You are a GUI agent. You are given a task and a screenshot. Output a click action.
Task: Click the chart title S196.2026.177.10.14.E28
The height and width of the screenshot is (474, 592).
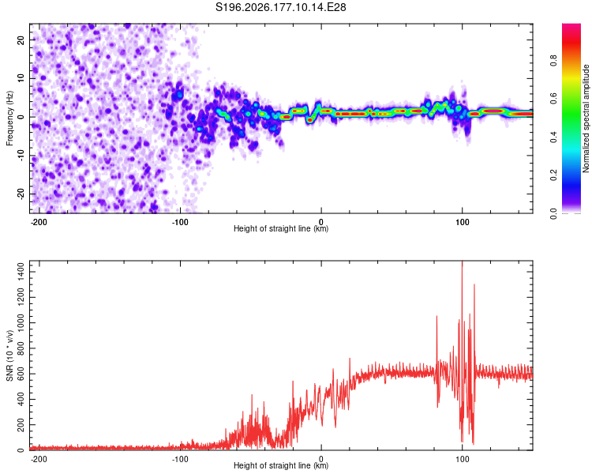click(280, 7)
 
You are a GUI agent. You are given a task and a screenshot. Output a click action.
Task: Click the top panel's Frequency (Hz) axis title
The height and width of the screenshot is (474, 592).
click(9, 118)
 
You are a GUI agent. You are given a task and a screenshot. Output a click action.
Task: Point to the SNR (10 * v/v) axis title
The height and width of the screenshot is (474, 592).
click(9, 355)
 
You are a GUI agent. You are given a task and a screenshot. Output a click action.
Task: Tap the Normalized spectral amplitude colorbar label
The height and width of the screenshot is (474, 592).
click(586, 118)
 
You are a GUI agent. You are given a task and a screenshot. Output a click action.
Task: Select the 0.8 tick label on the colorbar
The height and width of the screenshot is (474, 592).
click(553, 61)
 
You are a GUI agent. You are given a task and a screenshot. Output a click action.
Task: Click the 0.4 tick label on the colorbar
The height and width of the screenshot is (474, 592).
click(553, 137)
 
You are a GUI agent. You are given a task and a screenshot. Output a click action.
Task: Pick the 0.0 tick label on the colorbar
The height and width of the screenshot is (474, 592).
click(553, 214)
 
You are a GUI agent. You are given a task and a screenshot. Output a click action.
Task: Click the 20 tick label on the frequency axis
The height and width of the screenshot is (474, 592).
click(21, 39)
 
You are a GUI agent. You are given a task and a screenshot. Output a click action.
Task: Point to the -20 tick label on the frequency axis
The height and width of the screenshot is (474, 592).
click(21, 194)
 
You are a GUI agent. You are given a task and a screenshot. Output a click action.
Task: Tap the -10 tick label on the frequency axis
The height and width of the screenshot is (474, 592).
click(21, 156)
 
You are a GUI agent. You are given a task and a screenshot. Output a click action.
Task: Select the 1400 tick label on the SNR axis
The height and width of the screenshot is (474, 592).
click(21, 272)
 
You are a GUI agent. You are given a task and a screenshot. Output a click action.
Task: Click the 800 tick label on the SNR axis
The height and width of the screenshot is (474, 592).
click(21, 348)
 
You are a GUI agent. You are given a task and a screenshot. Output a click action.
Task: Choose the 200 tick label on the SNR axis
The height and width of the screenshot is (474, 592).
click(21, 425)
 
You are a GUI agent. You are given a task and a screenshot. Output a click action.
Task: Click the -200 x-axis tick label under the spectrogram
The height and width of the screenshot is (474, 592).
click(39, 222)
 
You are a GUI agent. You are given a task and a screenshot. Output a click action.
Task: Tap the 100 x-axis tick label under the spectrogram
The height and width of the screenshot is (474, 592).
click(462, 222)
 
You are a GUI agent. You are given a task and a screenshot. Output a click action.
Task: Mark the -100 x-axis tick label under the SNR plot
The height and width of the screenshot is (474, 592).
click(180, 459)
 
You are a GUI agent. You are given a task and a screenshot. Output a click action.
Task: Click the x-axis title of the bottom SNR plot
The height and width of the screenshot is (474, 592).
click(281, 465)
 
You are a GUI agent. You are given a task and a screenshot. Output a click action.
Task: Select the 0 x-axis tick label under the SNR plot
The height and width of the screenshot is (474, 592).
click(321, 459)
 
